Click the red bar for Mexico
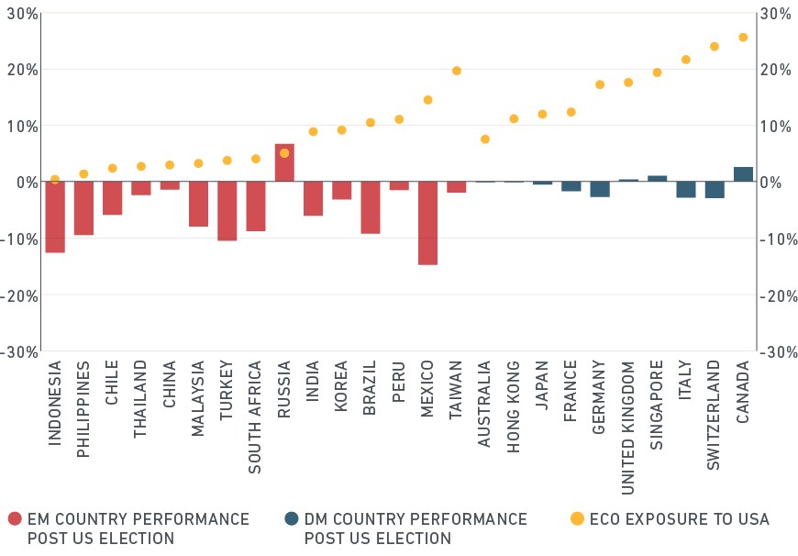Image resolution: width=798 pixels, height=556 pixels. [x=427, y=223]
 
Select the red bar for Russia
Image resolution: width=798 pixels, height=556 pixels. [x=284, y=162]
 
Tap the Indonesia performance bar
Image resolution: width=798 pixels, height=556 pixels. [x=55, y=217]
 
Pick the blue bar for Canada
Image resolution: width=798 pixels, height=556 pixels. [x=743, y=174]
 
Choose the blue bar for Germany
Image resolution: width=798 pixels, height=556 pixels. [x=600, y=189]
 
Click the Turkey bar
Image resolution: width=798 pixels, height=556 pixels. [x=227, y=211]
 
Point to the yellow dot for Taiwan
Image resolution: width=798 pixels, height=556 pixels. [x=457, y=71]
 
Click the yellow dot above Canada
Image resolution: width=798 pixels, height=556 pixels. [x=743, y=38]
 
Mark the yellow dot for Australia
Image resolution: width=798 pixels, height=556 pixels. [x=485, y=139]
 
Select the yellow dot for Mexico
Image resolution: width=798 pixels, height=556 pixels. [x=428, y=100]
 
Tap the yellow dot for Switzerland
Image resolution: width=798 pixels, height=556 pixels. [x=714, y=46]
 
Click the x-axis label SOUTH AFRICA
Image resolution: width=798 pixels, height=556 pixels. [x=254, y=417]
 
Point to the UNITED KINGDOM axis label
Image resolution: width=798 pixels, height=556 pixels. [x=628, y=428]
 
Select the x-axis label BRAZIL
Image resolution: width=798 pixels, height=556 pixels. [x=370, y=388]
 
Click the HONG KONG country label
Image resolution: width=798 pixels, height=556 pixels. [x=514, y=406]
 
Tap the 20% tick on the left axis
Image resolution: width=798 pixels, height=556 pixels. [x=22, y=70]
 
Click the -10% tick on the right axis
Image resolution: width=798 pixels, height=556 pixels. [x=778, y=239]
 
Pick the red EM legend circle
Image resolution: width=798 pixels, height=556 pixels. [x=16, y=518]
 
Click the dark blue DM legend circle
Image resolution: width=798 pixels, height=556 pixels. [x=292, y=518]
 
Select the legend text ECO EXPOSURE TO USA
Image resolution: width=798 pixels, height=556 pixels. [x=680, y=518]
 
